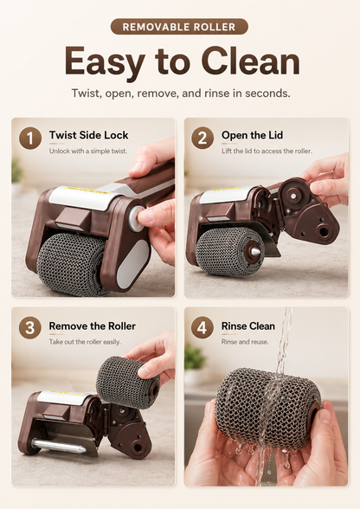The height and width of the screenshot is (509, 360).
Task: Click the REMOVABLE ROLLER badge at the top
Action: click(x=179, y=27)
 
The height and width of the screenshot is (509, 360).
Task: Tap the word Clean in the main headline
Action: click(x=250, y=61)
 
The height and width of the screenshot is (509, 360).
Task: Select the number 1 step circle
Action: click(x=30, y=139)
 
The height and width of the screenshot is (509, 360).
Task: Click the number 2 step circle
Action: click(x=202, y=139)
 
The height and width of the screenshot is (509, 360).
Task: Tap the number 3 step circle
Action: click(x=30, y=328)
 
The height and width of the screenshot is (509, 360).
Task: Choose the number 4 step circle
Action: click(x=202, y=328)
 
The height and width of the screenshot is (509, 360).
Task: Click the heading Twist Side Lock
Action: click(x=88, y=135)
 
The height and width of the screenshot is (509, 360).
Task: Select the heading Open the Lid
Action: click(x=252, y=135)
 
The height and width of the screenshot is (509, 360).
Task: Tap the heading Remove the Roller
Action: click(x=93, y=325)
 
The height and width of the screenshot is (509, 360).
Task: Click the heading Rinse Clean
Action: click(x=248, y=325)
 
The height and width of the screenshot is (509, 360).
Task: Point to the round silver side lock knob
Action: click(x=137, y=219)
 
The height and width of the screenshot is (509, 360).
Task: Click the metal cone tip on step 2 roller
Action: click(x=255, y=251)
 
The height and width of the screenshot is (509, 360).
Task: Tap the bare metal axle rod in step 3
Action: click(x=59, y=446)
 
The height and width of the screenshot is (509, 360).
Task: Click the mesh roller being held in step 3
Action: click(x=127, y=382)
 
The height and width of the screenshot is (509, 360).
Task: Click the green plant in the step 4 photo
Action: click(x=195, y=358)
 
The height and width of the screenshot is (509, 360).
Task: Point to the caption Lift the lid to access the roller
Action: click(x=267, y=151)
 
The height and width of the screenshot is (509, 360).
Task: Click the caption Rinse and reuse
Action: click(x=245, y=342)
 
